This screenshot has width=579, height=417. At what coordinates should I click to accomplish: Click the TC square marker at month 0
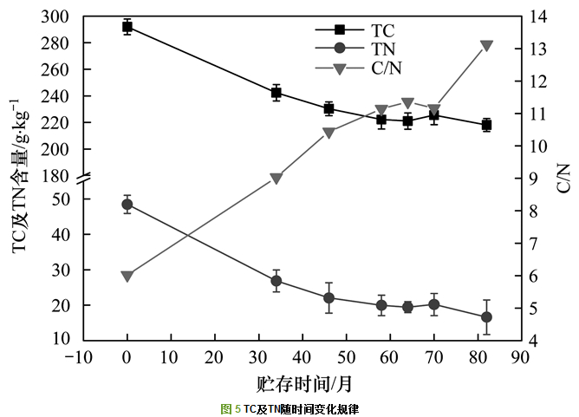[x=127, y=27]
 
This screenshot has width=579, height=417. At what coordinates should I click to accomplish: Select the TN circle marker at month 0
[x=127, y=205]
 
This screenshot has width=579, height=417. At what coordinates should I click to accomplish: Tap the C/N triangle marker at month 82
[x=486, y=46]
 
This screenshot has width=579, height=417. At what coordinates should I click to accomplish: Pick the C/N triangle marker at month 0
[x=127, y=277]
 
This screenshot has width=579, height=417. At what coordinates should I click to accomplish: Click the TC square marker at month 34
[x=276, y=93]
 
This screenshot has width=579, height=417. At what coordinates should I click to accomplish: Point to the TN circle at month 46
[x=329, y=298]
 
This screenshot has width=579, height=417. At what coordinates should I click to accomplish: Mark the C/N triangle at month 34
[x=276, y=179]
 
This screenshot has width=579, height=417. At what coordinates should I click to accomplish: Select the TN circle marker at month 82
[x=486, y=317]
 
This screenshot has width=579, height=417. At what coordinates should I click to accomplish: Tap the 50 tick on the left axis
[x=71, y=199]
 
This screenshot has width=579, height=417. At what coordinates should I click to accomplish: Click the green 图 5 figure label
[x=231, y=407]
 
